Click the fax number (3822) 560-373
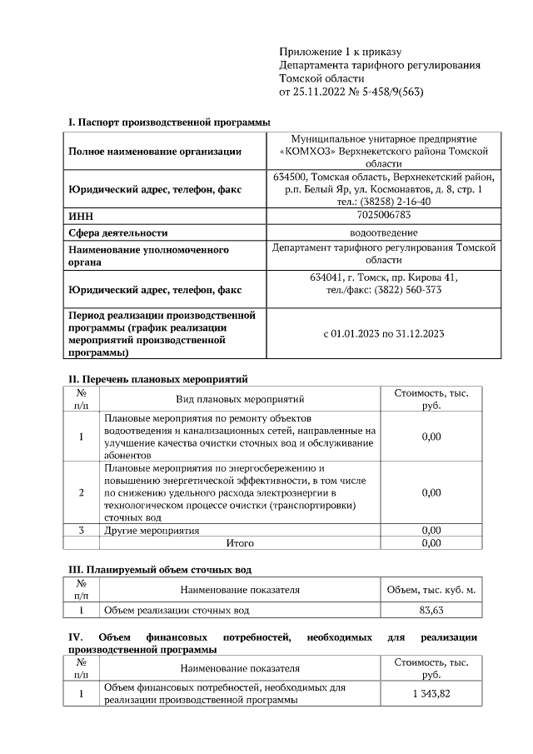coord(409,290)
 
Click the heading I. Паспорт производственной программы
coord(169,122)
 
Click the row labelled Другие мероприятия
coord(152,530)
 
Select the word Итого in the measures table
coord(240,543)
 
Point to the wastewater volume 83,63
coord(431,611)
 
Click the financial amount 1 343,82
coord(431,695)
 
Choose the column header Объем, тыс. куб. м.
coord(431,590)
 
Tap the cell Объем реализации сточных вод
coord(177,611)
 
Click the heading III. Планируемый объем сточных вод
coord(159,570)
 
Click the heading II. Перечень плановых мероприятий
coord(157,379)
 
